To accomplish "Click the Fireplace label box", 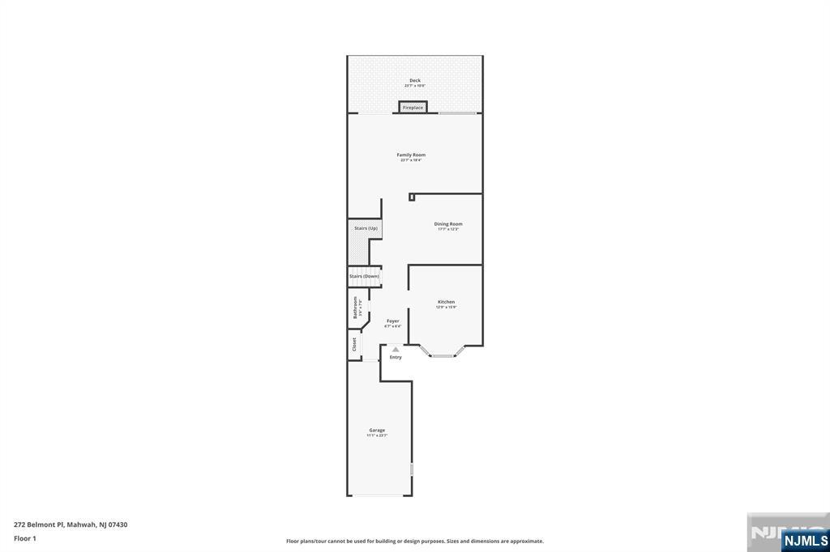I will pyautogui.click(x=413, y=107).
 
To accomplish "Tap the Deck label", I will pyautogui.click(x=415, y=81).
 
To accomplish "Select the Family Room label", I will pyautogui.click(x=411, y=155).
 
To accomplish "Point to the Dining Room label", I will pyautogui.click(x=448, y=224).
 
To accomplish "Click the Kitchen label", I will pyautogui.click(x=446, y=302).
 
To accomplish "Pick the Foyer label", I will pyautogui.click(x=393, y=321).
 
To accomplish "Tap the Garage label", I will pyautogui.click(x=377, y=431).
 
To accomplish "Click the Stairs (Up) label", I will pyautogui.click(x=366, y=228).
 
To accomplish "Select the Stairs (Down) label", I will pyautogui.click(x=365, y=276).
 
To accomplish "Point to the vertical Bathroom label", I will pyautogui.click(x=355, y=308).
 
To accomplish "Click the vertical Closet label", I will pyautogui.click(x=354, y=344).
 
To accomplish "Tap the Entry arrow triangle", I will pyautogui.click(x=396, y=349).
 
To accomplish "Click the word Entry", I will pyautogui.click(x=396, y=357).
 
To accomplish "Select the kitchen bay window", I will pyautogui.click(x=443, y=354).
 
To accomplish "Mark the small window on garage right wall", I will pyautogui.click(x=412, y=469).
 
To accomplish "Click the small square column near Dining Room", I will pyautogui.click(x=412, y=196).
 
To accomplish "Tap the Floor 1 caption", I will pyautogui.click(x=25, y=537).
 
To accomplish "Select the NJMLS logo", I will pyautogui.click(x=805, y=540).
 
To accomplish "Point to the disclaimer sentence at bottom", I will pyautogui.click(x=414, y=541).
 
